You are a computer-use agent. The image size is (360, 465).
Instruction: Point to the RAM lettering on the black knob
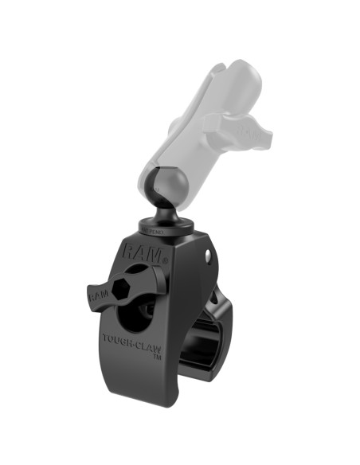(x=98, y=296)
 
